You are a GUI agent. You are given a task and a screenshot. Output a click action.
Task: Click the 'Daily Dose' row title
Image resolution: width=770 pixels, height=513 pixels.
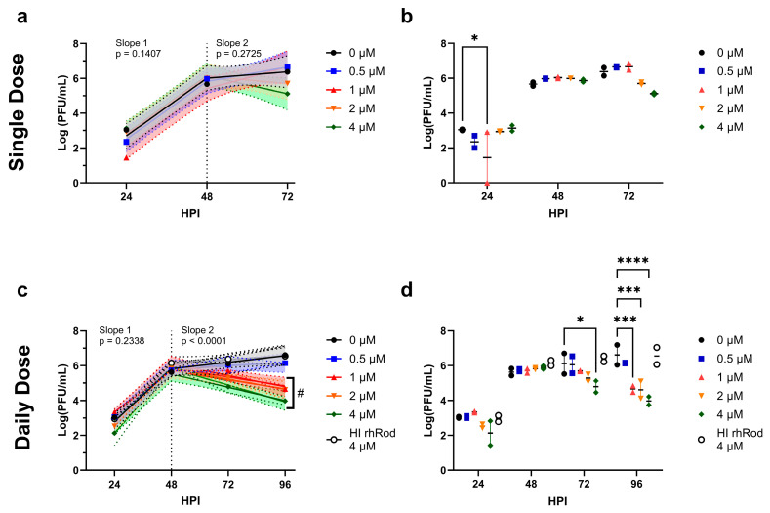click(x=18, y=398)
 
